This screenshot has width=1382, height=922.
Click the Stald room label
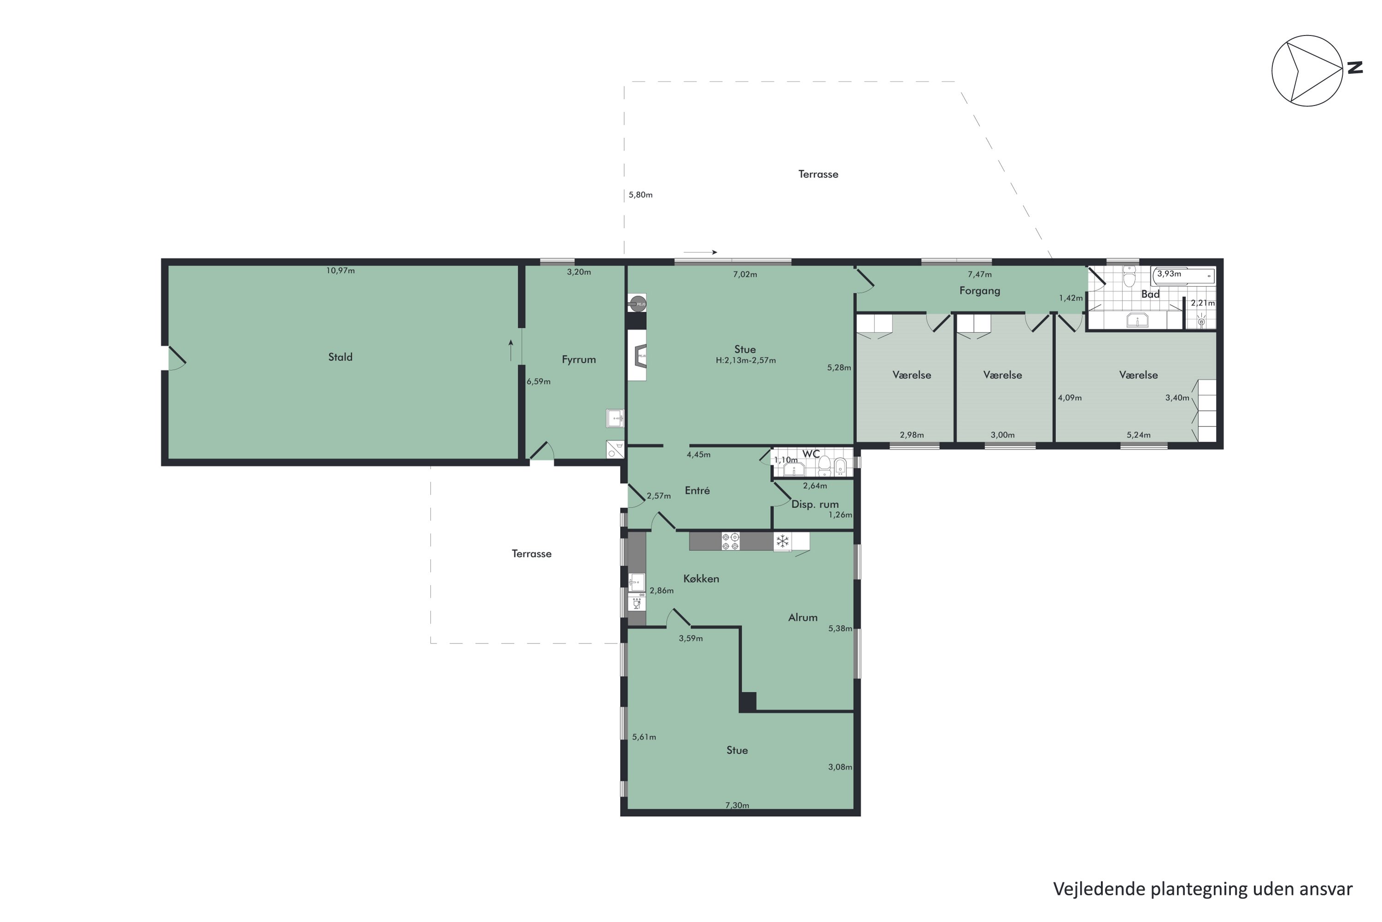[340, 357]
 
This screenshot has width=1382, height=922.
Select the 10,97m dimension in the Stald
[341, 271]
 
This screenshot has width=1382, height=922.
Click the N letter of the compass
[1355, 68]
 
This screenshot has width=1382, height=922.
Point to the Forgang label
[979, 290]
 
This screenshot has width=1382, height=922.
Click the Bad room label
[1150, 294]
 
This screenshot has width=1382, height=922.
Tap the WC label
[811, 454]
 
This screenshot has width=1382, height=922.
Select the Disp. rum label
[815, 504]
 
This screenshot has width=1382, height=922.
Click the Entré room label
[697, 491]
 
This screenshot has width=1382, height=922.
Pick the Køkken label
[701, 579]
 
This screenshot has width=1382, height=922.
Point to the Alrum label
[802, 617]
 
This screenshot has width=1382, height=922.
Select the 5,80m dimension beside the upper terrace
[640, 195]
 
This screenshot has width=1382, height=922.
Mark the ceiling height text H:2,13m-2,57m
[746, 361]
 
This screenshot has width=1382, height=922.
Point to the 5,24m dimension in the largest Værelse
[1138, 435]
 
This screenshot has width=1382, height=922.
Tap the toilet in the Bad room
[1129, 276]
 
